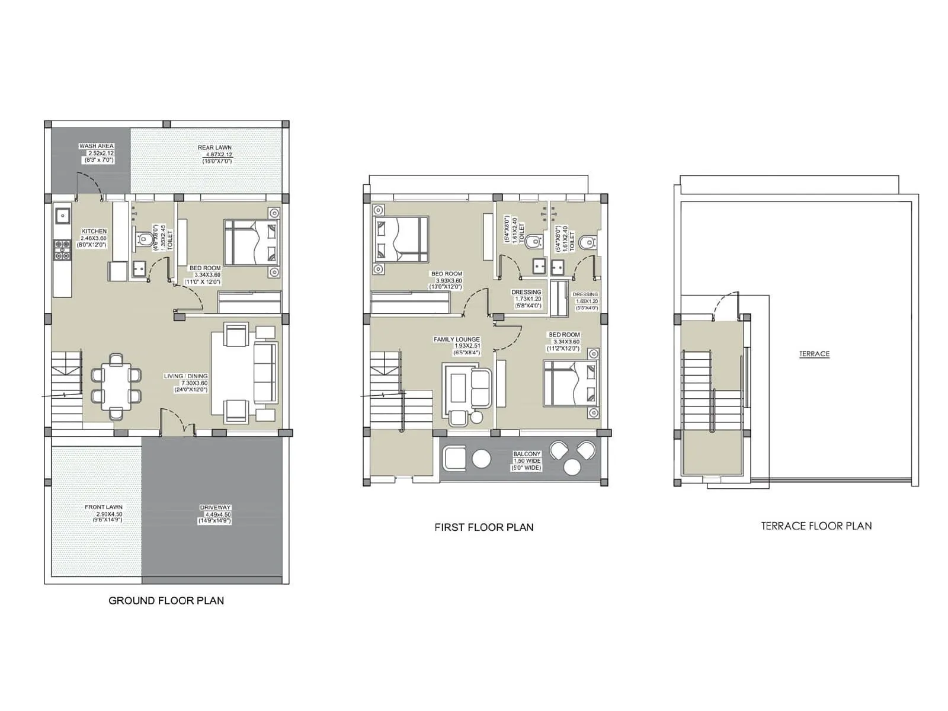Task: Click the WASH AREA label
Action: coord(97,146)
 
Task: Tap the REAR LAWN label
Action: coord(214,148)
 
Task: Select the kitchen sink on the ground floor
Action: coord(62,214)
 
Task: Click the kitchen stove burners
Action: coord(62,249)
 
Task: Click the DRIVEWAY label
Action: coord(215,508)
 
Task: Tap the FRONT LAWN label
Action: coord(104,507)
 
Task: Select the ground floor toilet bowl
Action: coord(143,239)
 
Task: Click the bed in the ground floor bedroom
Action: coord(251,242)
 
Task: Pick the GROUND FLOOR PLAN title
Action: coord(166,600)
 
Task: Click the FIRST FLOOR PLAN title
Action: coord(483,527)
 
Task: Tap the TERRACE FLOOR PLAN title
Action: coord(816,526)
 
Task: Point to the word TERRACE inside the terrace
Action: coord(814,354)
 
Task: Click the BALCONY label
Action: coord(527,454)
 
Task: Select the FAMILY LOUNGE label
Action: coord(456,340)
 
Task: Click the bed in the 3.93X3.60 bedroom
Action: coord(400,239)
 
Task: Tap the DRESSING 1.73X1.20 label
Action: coord(526,292)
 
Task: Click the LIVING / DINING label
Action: coord(185,376)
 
